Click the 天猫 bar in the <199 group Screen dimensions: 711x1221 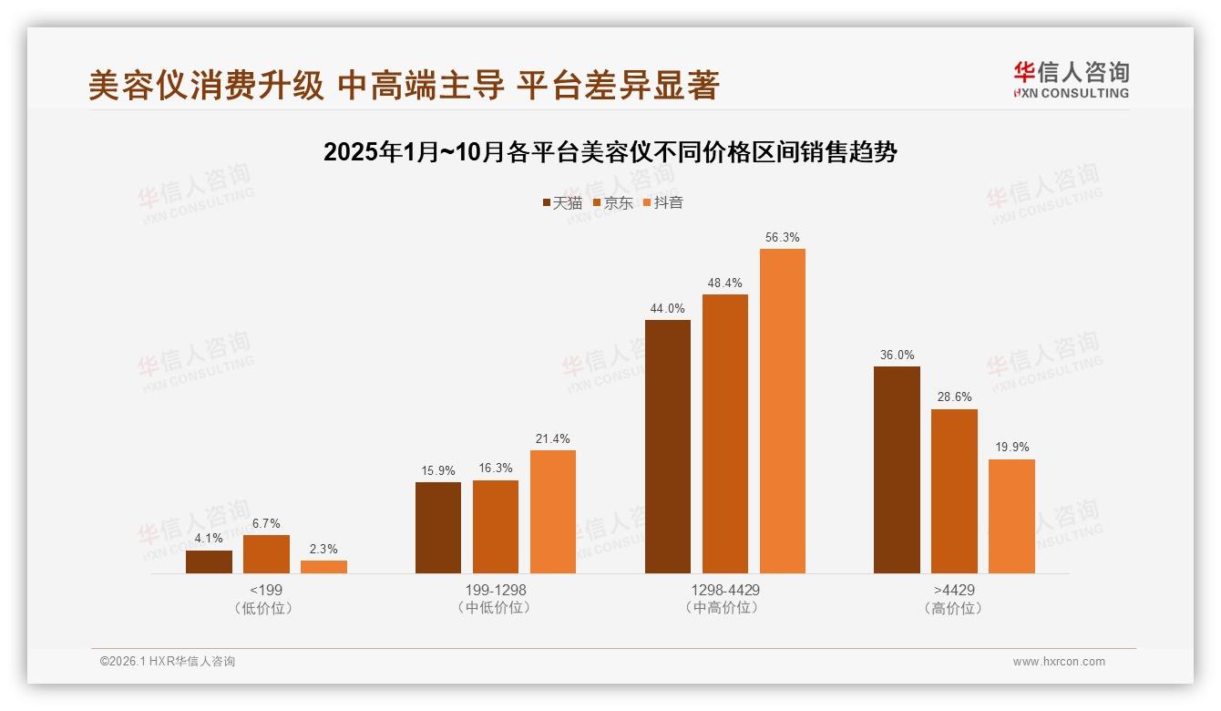209,562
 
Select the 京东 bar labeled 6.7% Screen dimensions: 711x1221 266,554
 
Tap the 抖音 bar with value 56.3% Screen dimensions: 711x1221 783,411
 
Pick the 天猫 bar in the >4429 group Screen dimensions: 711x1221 897,469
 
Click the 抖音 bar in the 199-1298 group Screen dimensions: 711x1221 553,511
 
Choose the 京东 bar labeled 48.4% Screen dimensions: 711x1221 725,434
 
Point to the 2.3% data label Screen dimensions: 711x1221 323,549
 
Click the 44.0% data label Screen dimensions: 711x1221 667,308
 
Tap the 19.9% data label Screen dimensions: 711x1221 1011,448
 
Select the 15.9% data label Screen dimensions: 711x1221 438,470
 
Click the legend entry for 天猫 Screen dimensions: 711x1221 562,203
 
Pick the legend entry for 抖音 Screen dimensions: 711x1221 663,203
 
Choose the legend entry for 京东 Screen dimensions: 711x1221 613,203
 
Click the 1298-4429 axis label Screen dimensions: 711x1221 724,590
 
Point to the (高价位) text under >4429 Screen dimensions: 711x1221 954,608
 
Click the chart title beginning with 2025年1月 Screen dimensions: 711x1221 610,152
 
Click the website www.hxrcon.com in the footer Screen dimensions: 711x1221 1059,662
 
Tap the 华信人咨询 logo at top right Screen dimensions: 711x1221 1071,79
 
